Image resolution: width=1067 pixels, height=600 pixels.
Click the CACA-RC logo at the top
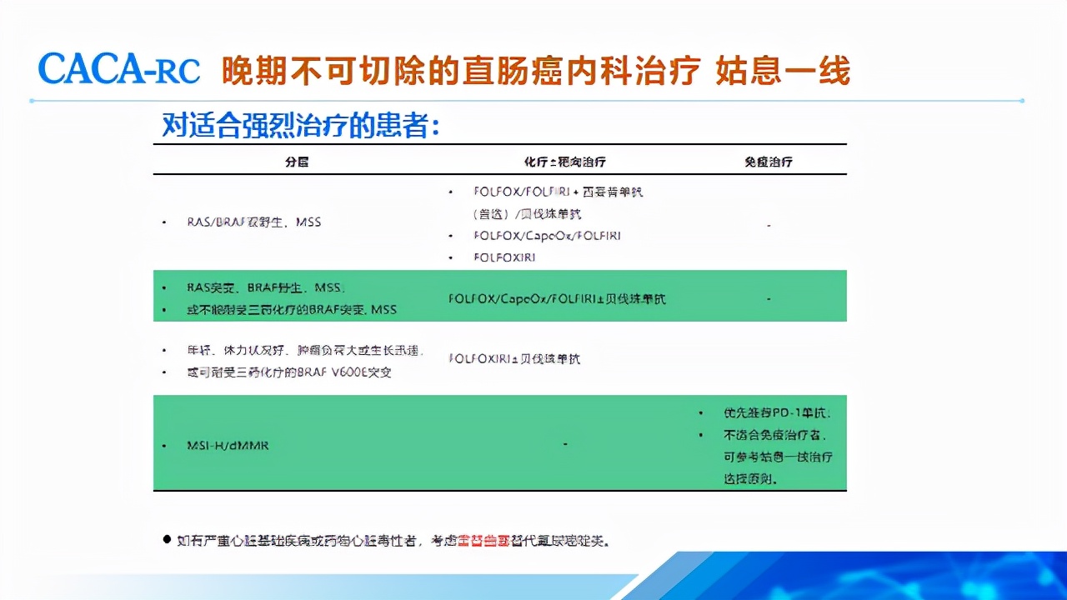point(119,70)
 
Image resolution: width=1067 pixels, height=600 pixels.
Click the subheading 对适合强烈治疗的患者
point(300,125)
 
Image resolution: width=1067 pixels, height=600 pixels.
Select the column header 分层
point(297,162)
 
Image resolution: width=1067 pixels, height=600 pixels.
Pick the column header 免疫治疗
point(768,162)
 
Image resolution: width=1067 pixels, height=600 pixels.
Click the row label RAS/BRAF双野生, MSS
point(254,222)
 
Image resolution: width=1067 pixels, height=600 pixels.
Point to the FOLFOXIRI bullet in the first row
point(503,257)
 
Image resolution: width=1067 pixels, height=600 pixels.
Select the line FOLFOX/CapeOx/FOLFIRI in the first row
point(546,236)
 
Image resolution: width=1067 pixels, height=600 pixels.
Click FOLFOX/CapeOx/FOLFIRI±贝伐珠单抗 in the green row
point(557,298)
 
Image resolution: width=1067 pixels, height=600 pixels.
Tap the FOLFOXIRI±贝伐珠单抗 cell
point(514,359)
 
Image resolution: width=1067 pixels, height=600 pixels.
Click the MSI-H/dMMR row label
point(228,446)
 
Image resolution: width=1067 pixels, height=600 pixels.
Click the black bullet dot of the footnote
point(166,540)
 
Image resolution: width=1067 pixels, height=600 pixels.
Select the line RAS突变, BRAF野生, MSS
point(265,287)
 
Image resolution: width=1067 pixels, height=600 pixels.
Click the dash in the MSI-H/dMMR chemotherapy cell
point(565,444)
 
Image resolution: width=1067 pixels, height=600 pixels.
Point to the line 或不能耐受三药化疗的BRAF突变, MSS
point(291,310)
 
